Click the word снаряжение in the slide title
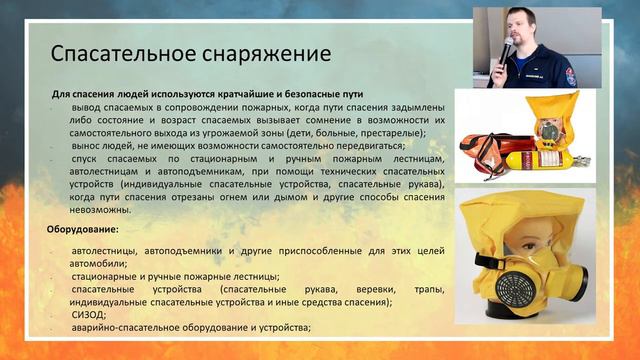point(255,52)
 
